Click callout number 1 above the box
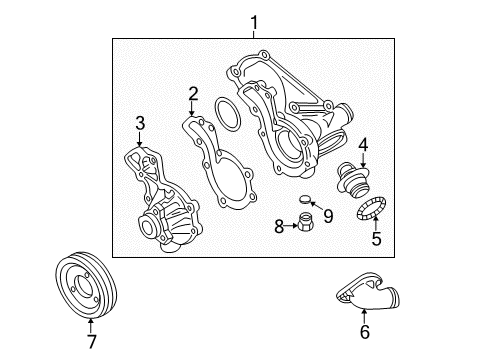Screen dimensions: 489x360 pos(254,23)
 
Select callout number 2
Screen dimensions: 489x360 pos(193,94)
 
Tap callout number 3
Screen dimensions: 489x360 pos(140,123)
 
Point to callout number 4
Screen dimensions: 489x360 pos(363,145)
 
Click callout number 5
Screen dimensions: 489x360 pos(376,238)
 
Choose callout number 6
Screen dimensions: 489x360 pos(365,332)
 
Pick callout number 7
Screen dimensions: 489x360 pos(92,342)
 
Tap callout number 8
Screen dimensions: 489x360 pos(279,226)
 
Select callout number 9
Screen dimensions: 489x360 pos(328,216)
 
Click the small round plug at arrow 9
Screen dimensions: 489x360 pos(304,199)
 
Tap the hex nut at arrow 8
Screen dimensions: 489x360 pos(304,222)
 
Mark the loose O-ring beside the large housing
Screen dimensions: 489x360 pos(217,115)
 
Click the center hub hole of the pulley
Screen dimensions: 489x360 pos(84,285)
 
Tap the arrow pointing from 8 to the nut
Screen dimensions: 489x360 pos(291,226)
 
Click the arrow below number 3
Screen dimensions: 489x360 pos(140,138)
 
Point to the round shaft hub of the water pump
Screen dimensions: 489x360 pos(147,227)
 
